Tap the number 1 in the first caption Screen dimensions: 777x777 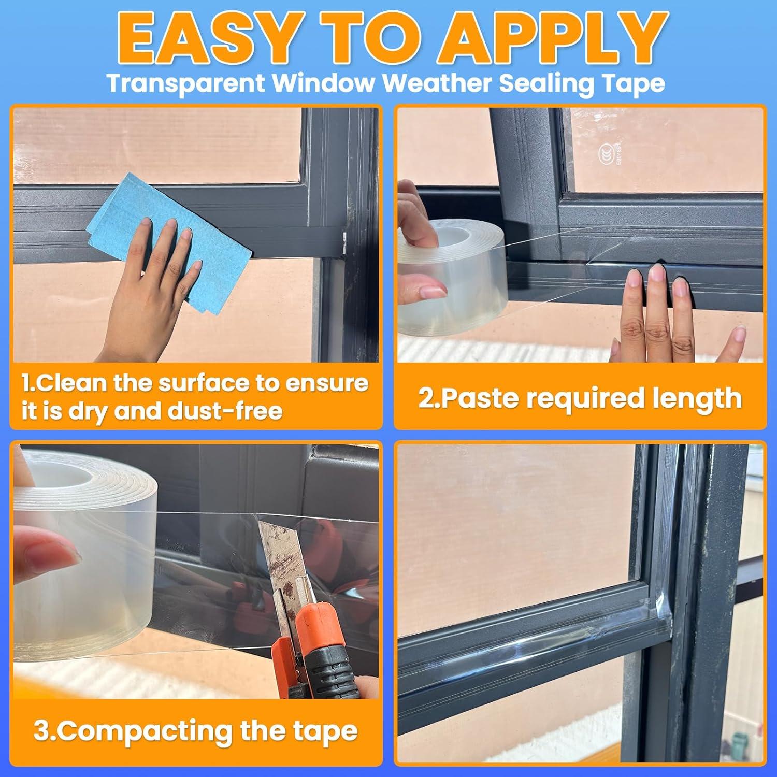pyautogui.click(x=27, y=384)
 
